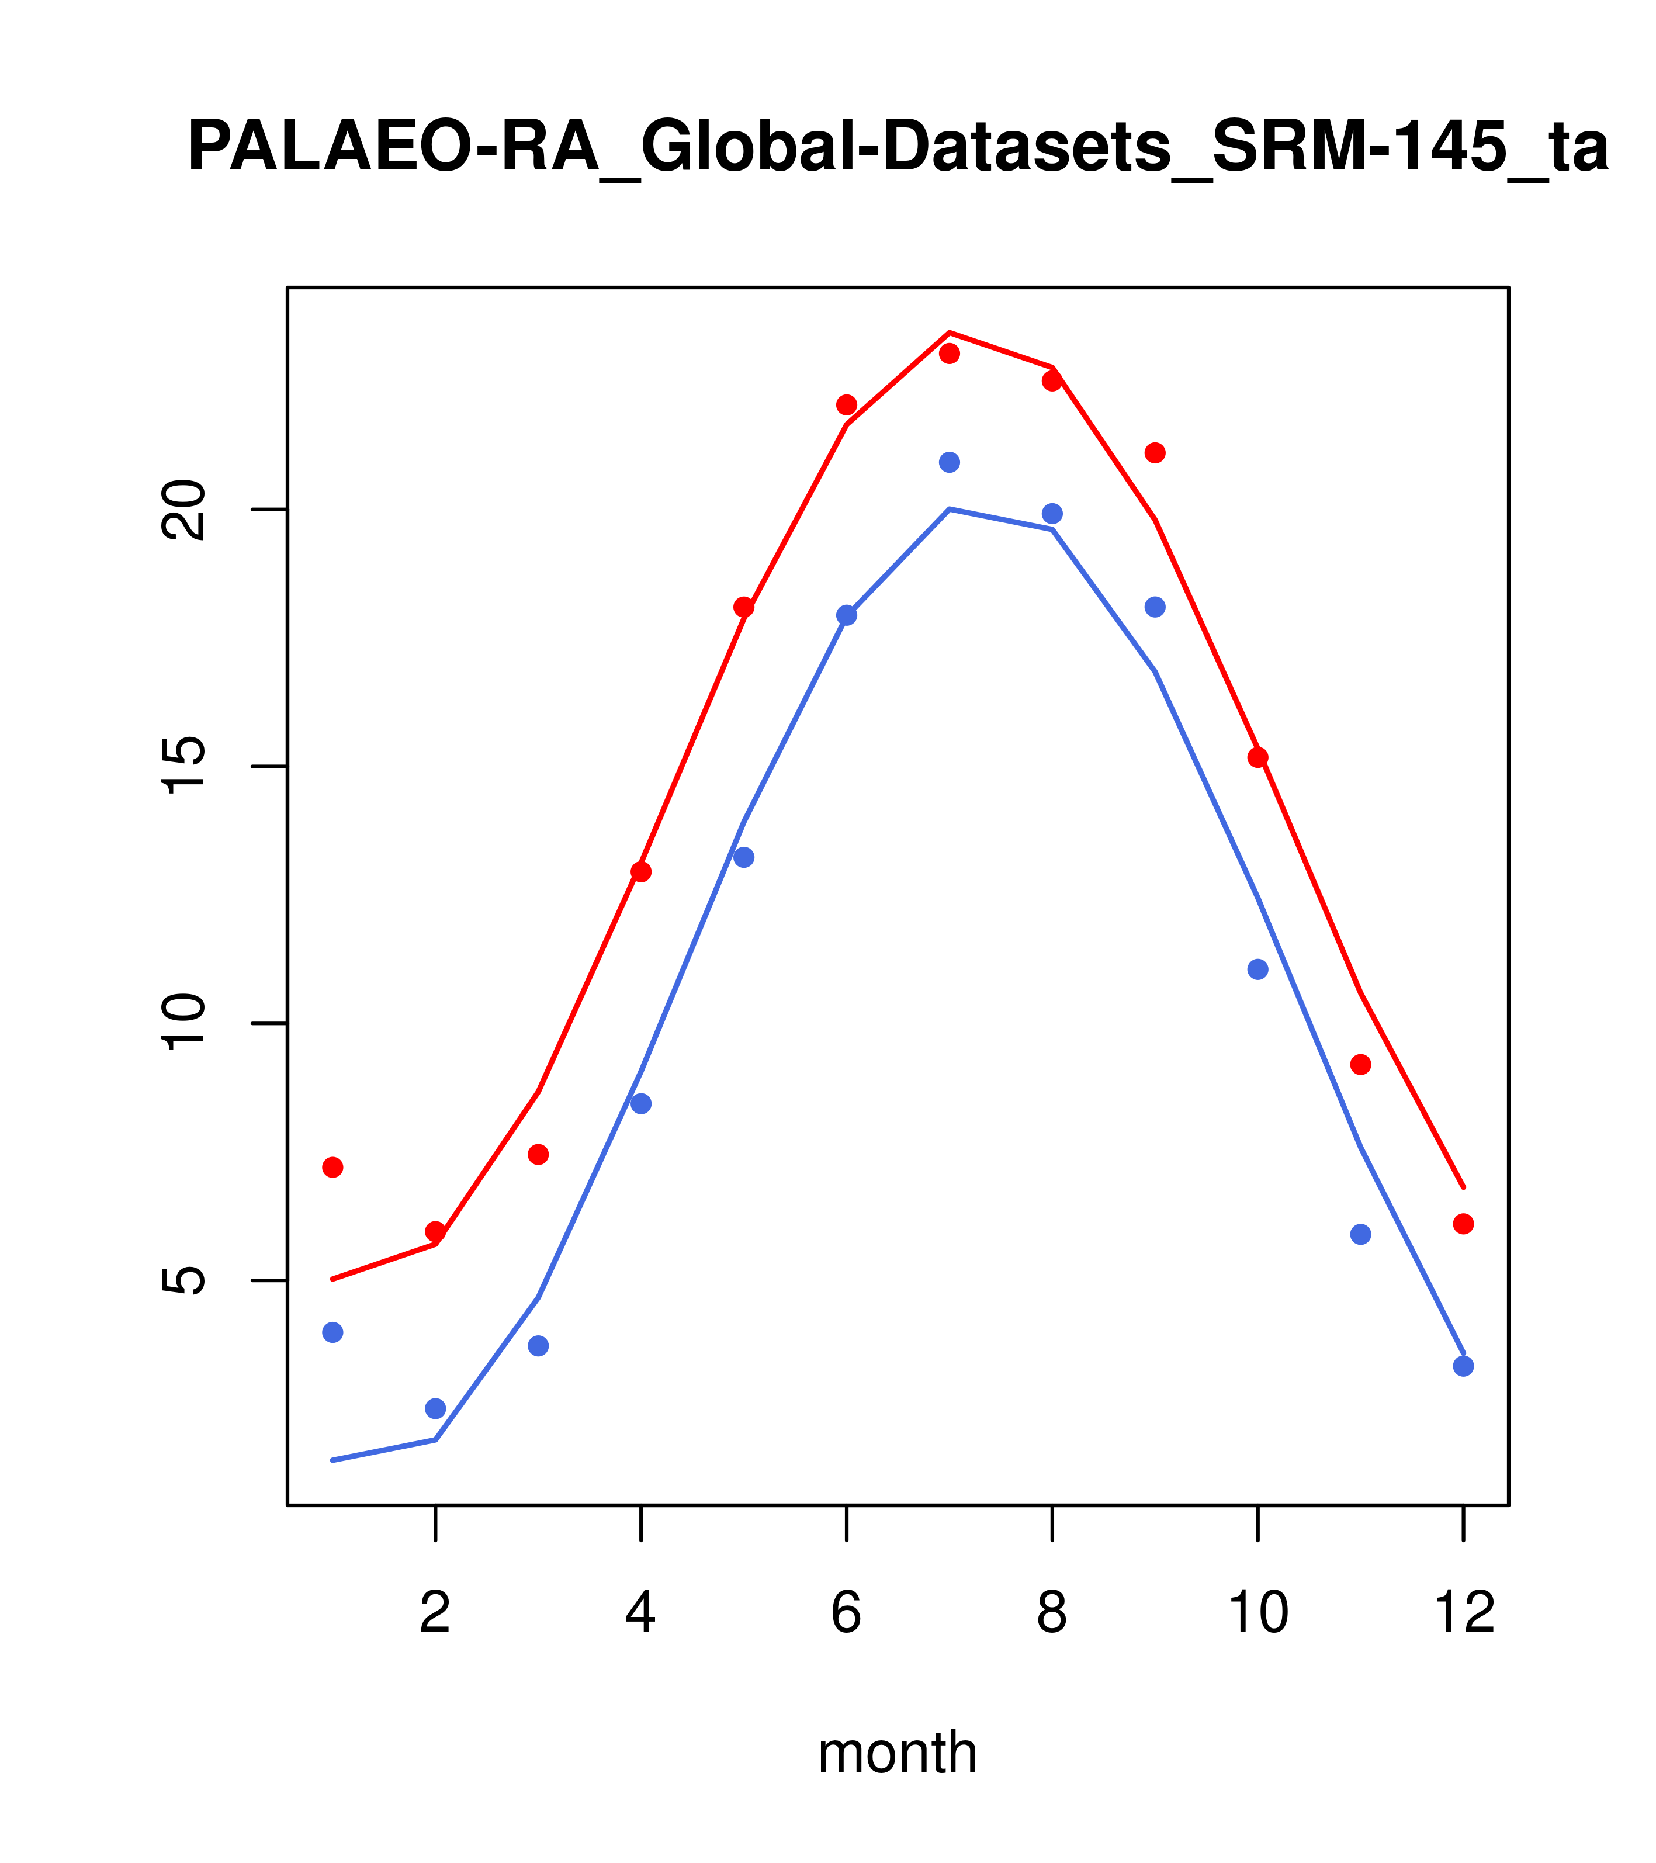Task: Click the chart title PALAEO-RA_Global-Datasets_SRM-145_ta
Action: click(898, 148)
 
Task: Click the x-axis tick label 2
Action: click(436, 1613)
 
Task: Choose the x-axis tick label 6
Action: click(847, 1613)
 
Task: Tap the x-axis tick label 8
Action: click(1052, 1613)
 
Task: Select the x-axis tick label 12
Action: click(1464, 1613)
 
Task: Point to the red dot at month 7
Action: click(950, 354)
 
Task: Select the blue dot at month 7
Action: click(950, 462)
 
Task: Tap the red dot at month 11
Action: click(1361, 1065)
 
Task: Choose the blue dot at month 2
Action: click(436, 1408)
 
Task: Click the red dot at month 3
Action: click(539, 1155)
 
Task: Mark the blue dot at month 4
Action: click(642, 1104)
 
